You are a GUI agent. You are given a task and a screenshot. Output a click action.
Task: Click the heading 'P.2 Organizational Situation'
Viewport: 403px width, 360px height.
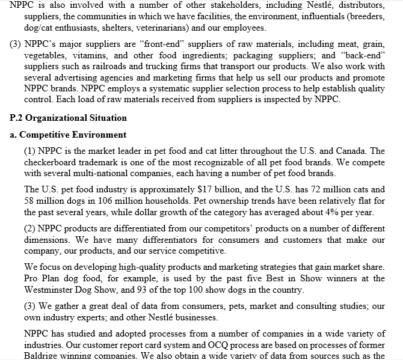point(69,118)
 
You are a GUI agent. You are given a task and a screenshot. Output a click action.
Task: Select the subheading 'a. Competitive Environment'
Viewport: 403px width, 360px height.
point(69,135)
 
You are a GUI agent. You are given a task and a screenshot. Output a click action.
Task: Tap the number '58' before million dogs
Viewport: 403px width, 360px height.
point(30,201)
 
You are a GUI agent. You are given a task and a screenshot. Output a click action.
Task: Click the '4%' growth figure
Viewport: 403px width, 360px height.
point(333,213)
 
